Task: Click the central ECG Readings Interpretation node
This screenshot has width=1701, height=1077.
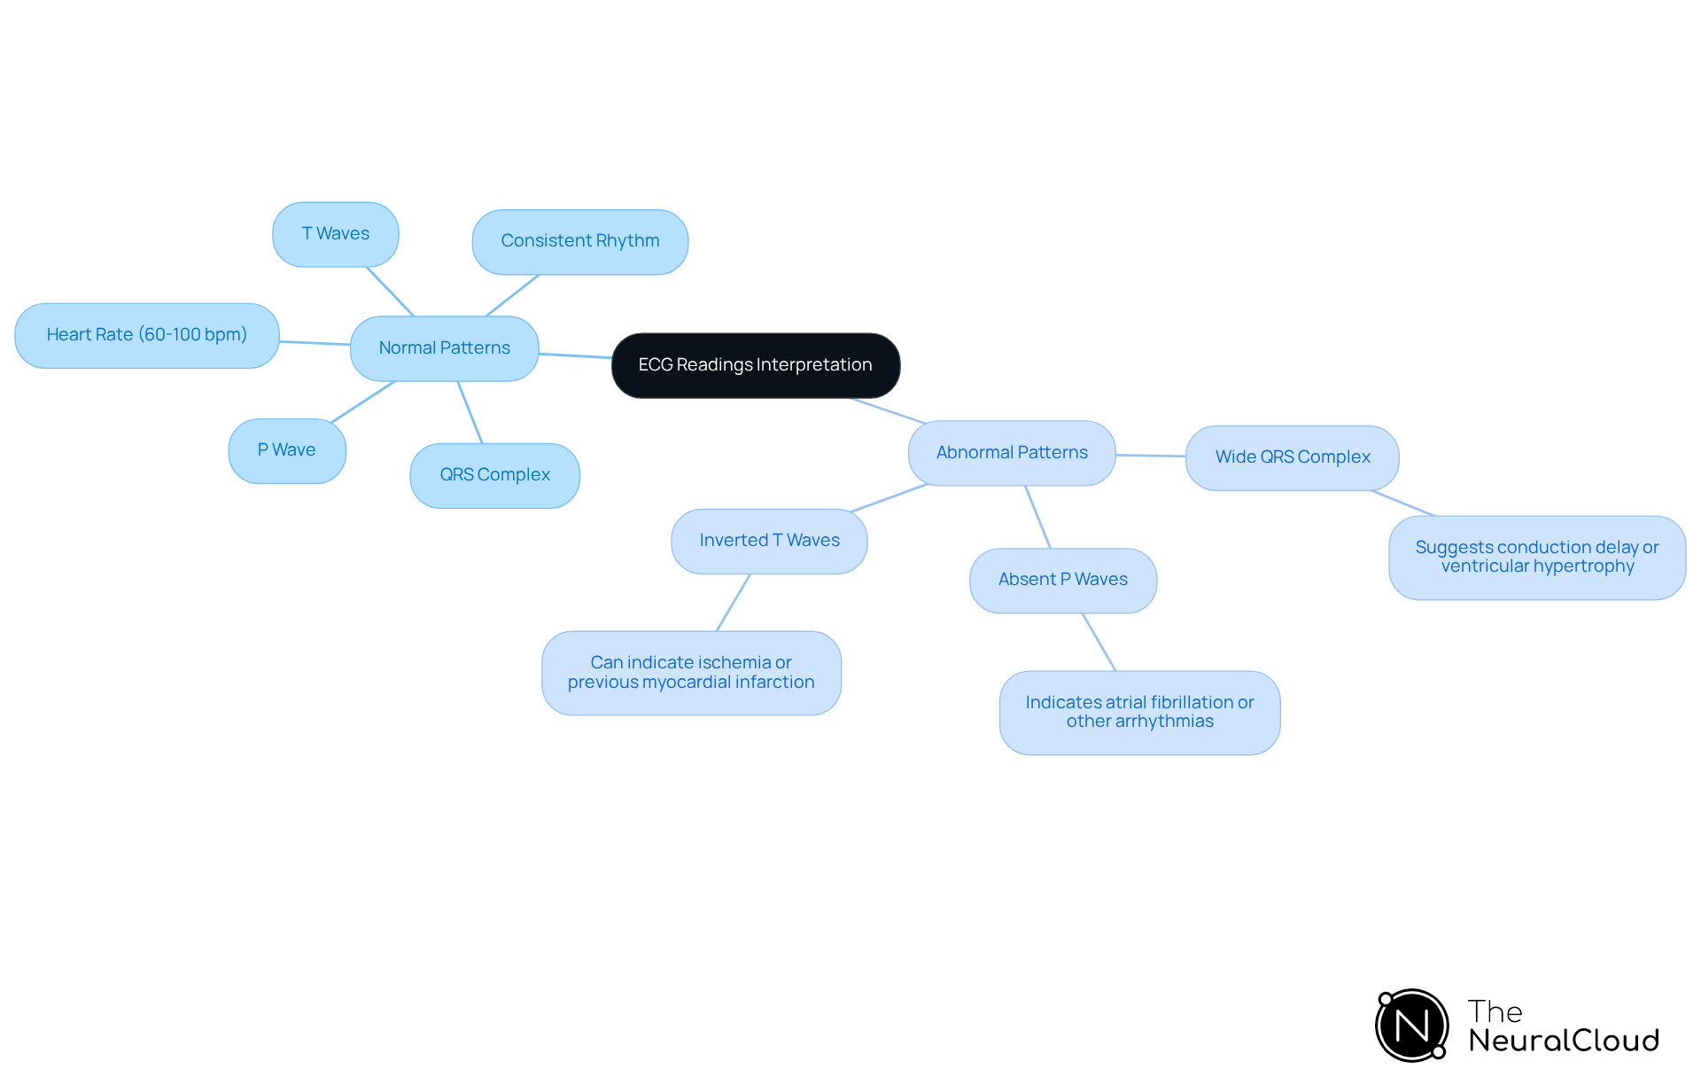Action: (756, 365)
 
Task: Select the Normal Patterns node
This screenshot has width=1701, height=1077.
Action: (444, 348)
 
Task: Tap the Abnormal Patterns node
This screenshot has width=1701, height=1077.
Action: (1012, 453)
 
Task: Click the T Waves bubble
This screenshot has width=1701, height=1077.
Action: (335, 234)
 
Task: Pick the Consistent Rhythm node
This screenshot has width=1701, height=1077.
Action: (579, 241)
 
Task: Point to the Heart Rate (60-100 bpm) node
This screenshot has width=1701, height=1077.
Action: (146, 335)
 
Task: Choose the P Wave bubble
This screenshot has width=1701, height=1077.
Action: (286, 450)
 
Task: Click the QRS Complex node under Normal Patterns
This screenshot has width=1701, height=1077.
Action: (494, 475)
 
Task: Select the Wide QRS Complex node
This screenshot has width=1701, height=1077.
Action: (1292, 457)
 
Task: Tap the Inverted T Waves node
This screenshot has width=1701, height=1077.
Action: (769, 541)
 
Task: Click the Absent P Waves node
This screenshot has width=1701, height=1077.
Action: (1062, 580)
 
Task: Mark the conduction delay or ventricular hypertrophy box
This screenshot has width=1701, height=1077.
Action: (1536, 558)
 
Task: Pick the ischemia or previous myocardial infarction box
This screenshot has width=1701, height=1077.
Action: (691, 673)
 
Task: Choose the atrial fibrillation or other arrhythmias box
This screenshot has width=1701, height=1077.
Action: (1139, 712)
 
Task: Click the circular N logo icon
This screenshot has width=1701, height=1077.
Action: (1411, 1026)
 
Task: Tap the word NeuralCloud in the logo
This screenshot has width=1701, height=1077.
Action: (1563, 1041)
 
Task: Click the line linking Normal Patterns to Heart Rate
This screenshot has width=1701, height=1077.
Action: (315, 342)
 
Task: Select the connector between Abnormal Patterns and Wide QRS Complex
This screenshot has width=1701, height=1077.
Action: (1150, 456)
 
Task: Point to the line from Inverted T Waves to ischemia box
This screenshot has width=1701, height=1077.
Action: (734, 602)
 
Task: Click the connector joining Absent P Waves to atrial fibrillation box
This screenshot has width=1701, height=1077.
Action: (1099, 642)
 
